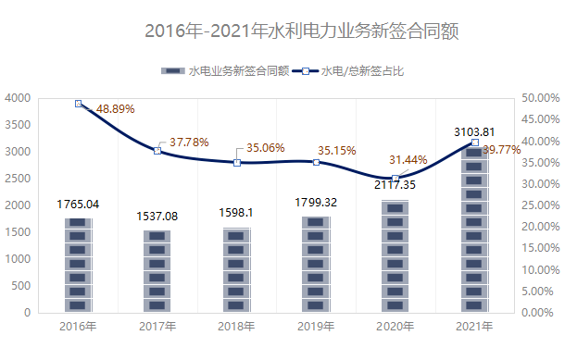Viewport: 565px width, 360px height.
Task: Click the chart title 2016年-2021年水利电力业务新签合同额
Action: point(302,31)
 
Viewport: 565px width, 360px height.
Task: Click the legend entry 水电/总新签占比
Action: point(362,70)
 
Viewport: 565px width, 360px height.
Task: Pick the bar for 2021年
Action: point(474,230)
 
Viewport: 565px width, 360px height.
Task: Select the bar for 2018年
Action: point(236,269)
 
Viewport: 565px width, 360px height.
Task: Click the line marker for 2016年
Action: point(78,104)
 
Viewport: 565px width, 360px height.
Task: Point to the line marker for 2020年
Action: point(395,178)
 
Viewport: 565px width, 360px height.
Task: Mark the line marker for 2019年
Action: point(316,162)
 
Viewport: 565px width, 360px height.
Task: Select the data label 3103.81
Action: point(473,131)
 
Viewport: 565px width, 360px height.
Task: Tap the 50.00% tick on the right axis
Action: point(540,98)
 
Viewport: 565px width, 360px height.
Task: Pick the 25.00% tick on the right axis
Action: point(540,205)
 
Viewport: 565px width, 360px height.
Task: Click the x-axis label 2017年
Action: point(157,326)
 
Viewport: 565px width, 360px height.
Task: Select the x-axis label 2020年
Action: point(395,326)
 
